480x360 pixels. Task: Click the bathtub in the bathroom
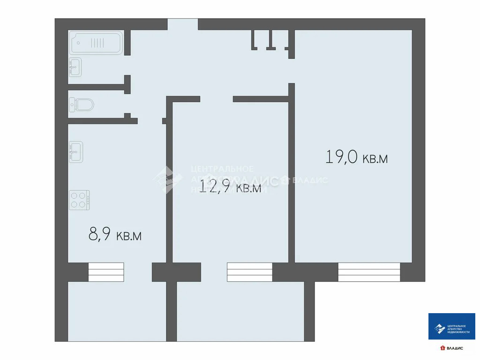pos(97,43)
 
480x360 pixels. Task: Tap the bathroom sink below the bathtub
pos(75,67)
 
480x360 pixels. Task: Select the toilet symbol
pos(82,104)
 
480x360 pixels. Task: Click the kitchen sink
pos(75,151)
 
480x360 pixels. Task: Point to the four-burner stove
pos(80,199)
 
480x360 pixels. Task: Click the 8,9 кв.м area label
pos(115,234)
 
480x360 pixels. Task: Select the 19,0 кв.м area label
pos(357,157)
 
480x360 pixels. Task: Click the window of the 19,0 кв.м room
pos(369,272)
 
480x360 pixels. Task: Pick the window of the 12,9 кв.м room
pos(249,272)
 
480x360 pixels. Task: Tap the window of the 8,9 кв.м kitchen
pos(106,272)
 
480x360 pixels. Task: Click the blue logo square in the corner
pos(452,326)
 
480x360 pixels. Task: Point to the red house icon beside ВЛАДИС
pos(442,348)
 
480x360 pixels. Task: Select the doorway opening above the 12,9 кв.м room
pos(216,99)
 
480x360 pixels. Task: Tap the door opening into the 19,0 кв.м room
pos(291,71)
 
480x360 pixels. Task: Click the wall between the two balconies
pos(172,311)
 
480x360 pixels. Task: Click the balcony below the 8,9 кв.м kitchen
pos(117,311)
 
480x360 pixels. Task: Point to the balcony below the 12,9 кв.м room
pos(240,311)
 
